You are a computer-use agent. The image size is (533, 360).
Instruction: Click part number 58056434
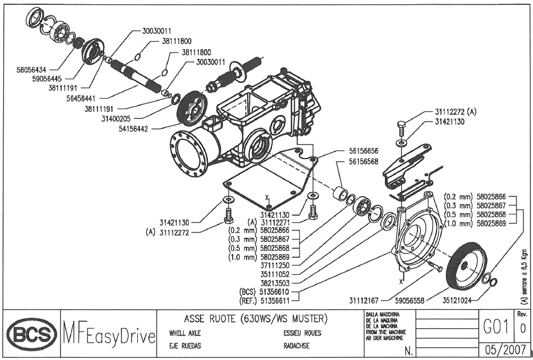pos(34,69)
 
